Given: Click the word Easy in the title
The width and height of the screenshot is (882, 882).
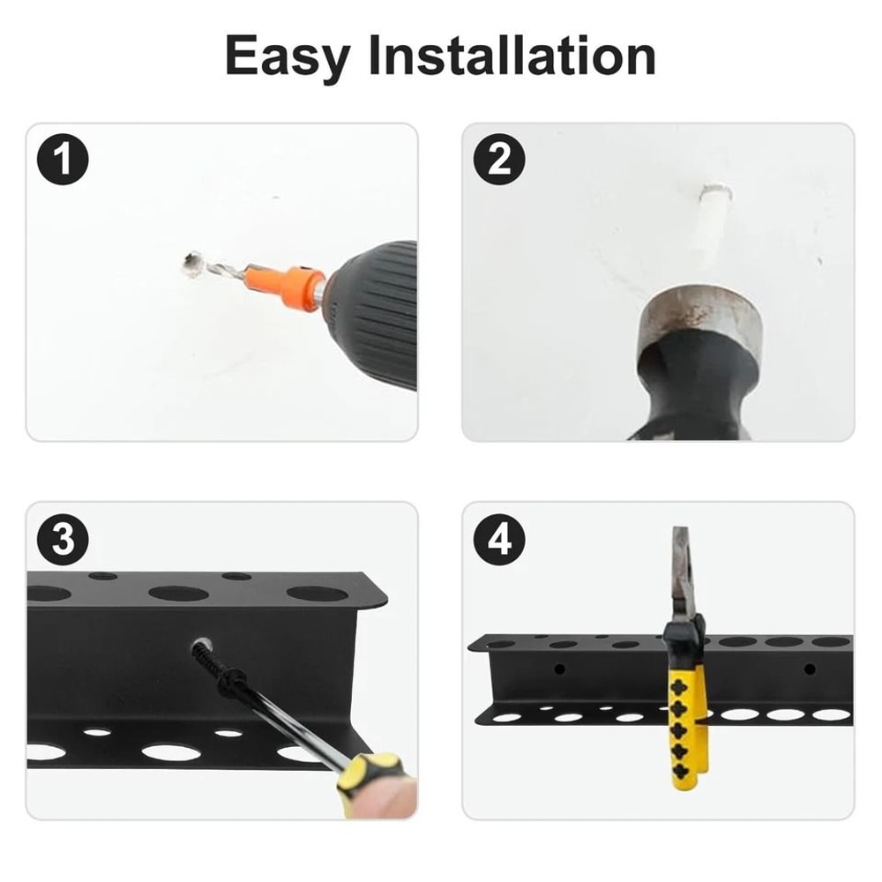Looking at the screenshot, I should pos(288,56).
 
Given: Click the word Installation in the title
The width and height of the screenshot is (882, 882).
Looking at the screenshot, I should pos(512,56).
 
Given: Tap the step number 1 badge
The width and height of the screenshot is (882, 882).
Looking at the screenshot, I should pos(63,161).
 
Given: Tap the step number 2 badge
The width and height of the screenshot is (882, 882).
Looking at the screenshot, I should pos(499,161).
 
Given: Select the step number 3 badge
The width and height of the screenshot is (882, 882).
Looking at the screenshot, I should pos(63,540).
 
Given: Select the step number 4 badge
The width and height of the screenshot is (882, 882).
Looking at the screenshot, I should pos(499,540).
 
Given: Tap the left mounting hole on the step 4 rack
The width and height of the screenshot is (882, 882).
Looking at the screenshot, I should pos(559,669).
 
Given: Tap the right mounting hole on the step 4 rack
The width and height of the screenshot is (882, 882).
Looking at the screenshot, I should pos(809,669).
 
